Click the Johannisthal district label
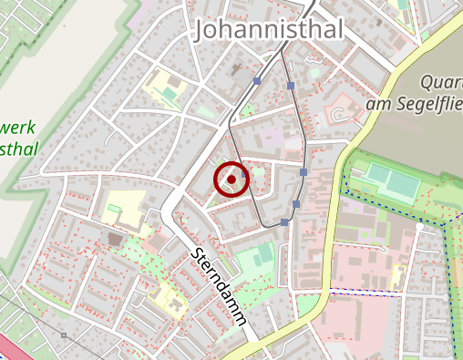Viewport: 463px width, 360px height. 269,31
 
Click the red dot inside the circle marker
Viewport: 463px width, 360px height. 231,180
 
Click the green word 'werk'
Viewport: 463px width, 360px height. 18,125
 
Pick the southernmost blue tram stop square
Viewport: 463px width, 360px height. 284,221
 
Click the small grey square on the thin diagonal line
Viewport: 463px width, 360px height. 63,335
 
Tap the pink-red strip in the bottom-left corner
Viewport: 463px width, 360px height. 9,349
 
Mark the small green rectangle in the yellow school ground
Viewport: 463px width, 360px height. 115,210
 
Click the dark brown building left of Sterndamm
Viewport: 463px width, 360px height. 115,240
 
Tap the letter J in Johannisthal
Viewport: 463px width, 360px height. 202,31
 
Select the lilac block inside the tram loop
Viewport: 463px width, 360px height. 271,138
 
